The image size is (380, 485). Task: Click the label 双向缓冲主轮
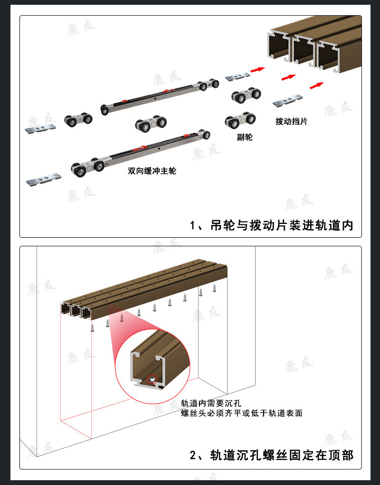tap(152, 171)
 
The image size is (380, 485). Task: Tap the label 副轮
tap(245, 137)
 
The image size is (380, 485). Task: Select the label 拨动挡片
tap(291, 121)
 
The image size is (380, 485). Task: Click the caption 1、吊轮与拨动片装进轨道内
tap(272, 225)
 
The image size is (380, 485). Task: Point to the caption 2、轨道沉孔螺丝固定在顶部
tap(272, 455)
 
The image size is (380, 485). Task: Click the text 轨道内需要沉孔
tap(208, 404)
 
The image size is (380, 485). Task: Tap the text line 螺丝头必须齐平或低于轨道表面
tap(241, 413)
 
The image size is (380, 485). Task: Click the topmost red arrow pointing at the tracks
tap(257, 69)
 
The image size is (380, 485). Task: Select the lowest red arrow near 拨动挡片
tap(317, 85)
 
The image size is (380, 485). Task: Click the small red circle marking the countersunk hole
tap(152, 379)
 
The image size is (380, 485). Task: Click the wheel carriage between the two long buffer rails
tap(151, 125)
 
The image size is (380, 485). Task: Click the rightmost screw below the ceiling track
tap(215, 287)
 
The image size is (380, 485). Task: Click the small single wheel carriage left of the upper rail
tap(78, 119)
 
